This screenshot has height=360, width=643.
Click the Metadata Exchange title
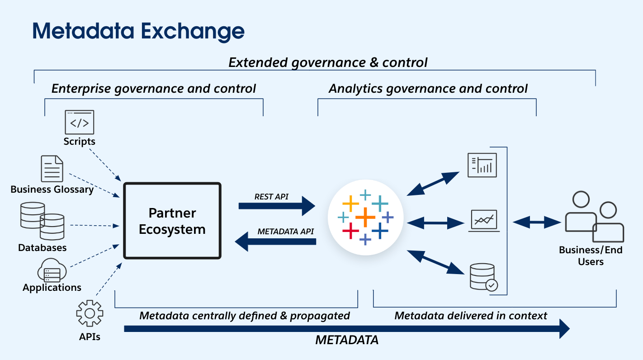(138, 31)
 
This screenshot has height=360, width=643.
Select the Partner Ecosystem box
(172, 221)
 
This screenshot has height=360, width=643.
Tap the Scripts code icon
(80, 122)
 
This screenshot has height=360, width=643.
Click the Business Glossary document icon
(52, 169)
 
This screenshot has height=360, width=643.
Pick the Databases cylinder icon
(42, 221)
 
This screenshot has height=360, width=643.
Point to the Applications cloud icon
(52, 270)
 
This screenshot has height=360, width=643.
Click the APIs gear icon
(90, 313)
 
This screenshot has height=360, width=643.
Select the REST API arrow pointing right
(277, 206)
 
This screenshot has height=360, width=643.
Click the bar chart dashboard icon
(482, 165)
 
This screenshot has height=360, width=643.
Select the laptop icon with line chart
(484, 221)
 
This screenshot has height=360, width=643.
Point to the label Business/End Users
(591, 256)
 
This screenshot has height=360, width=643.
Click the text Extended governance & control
(328, 62)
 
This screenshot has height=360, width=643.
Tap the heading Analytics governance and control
(428, 89)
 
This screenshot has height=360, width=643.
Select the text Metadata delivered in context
(471, 315)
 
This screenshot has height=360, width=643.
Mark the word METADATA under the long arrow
(347, 340)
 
